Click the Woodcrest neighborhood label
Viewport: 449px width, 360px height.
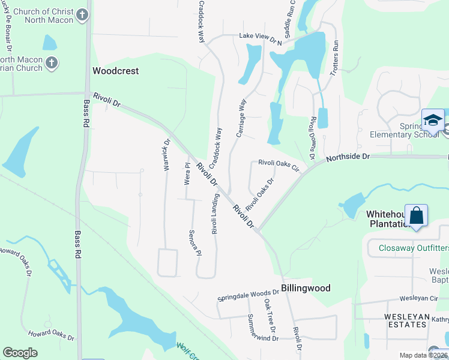[x=115, y=71]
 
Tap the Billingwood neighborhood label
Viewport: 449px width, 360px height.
[x=307, y=288]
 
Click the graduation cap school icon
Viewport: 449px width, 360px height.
[x=432, y=121]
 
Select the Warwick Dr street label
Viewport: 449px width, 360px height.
[x=167, y=155]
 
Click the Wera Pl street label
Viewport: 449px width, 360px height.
[x=187, y=173]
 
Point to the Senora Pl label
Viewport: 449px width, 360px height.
[x=194, y=242]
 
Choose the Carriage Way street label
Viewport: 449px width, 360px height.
[x=241, y=118]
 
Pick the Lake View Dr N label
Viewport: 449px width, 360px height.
[x=261, y=37]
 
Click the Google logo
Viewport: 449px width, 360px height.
[x=20, y=353]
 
